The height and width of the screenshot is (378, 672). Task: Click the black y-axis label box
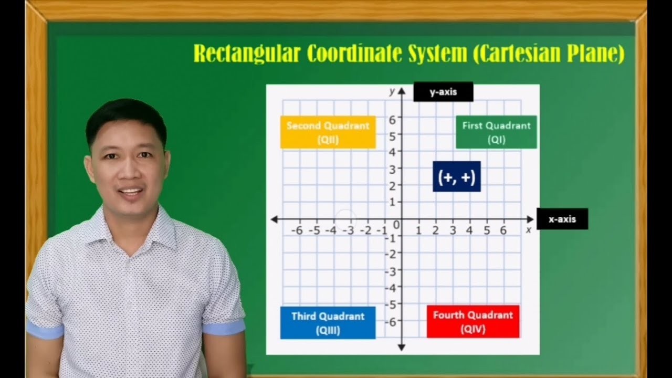443,92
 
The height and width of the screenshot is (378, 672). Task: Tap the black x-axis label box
562,219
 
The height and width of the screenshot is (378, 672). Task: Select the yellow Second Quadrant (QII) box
328,132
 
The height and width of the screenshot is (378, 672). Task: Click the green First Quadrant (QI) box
496,132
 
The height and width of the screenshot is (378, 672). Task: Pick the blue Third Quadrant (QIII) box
328,323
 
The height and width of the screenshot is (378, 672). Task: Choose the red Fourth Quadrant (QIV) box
472,322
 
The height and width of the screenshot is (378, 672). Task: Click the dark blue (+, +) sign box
456,177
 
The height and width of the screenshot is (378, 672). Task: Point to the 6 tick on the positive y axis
393,120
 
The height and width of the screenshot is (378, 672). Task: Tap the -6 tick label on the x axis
297,230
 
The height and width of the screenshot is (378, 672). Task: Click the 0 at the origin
396,226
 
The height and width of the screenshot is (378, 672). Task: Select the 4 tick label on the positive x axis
469,230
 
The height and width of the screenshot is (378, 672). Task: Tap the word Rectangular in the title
247,54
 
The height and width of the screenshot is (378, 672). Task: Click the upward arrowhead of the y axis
402,91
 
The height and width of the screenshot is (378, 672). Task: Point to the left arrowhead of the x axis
274,219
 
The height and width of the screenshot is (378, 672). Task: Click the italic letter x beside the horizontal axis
529,229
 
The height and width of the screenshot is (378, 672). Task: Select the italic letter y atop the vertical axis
392,91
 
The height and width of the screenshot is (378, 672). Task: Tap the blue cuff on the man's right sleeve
45,330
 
